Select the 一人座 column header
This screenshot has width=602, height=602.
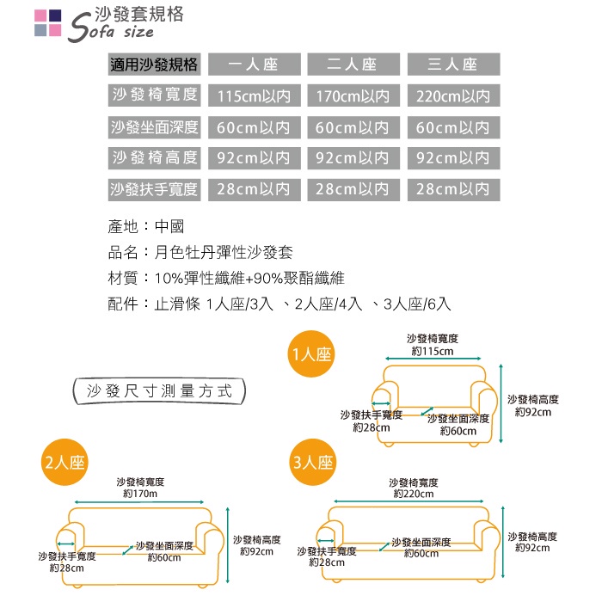click(254, 64)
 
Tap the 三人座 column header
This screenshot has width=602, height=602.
click(452, 64)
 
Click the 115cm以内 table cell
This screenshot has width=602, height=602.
click(254, 95)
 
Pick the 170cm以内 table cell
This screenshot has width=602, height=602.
click(353, 95)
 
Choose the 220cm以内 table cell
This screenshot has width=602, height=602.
click(452, 95)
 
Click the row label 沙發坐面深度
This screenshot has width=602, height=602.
click(155, 127)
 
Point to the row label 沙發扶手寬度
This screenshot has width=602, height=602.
click(155, 188)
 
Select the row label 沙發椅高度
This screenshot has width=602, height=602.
click(155, 158)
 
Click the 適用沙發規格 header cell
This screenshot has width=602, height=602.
click(155, 64)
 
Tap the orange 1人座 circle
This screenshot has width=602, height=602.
click(312, 354)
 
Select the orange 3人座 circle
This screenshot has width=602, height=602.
click(312, 462)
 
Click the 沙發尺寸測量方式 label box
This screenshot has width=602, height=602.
click(160, 390)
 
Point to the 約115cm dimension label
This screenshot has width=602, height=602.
click(433, 351)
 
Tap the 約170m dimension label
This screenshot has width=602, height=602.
click(140, 494)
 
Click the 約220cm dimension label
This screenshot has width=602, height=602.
click(414, 494)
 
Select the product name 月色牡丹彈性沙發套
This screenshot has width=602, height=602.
click(224, 253)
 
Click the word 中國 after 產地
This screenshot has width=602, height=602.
click(169, 228)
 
